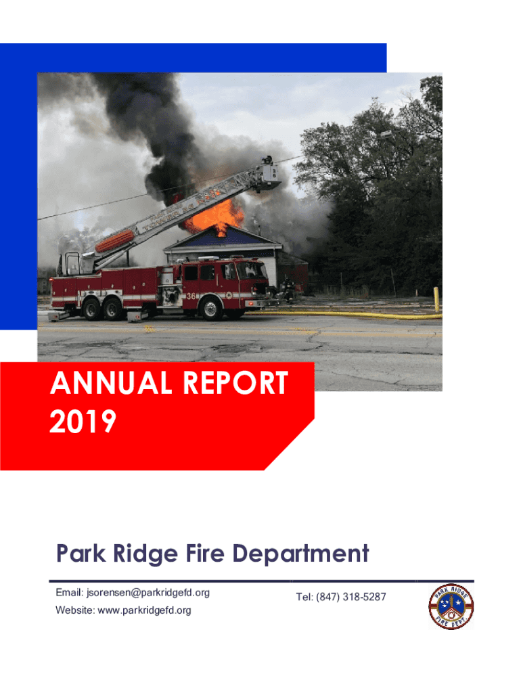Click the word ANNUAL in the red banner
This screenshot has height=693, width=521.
click(110, 382)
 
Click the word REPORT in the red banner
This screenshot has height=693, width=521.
click(235, 382)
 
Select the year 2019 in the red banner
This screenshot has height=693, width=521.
click(83, 421)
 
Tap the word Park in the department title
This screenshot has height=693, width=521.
click(81, 554)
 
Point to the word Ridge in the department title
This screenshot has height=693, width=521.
click(145, 554)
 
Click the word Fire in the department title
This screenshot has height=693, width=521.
click(204, 553)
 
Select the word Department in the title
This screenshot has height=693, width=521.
click(300, 554)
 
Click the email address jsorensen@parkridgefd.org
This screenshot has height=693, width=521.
click(148, 593)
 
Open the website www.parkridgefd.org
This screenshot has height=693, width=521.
click(144, 610)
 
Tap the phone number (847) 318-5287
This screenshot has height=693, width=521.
click(351, 597)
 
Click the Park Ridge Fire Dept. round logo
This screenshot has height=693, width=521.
click(451, 606)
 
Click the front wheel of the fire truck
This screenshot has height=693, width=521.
click(212, 308)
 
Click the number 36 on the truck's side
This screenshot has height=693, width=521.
click(191, 296)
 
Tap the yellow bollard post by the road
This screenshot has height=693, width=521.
click(436, 299)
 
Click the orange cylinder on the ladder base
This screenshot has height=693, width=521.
click(115, 241)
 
